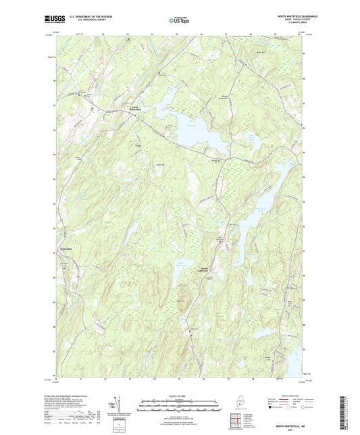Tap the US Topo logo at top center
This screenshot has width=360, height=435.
180,21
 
